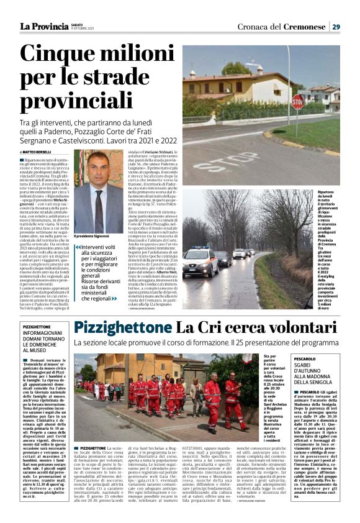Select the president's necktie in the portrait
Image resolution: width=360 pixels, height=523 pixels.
click(x=99, y=206)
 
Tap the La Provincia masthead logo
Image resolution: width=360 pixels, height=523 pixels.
click(x=43, y=26)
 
